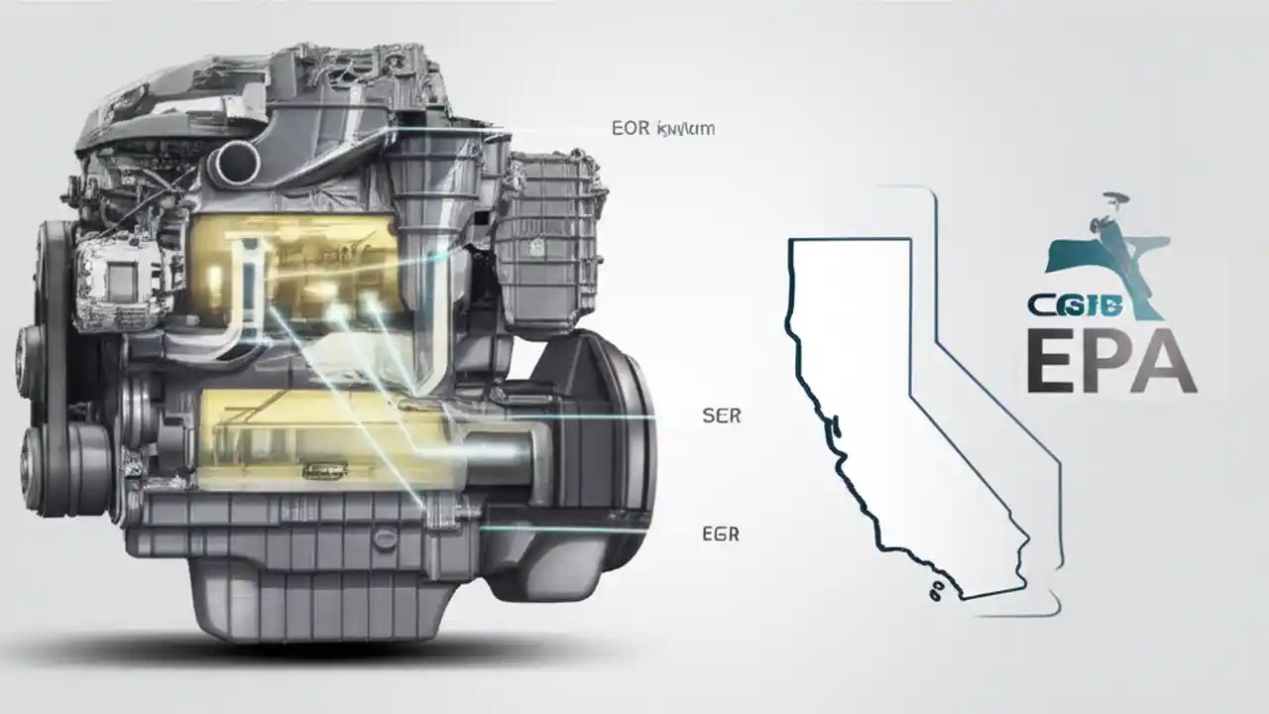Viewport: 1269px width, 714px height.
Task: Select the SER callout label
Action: point(721,416)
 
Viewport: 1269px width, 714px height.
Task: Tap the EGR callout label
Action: point(720,535)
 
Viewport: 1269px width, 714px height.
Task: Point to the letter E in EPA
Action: point(1054,363)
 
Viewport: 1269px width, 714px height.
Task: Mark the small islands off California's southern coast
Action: point(936,592)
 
